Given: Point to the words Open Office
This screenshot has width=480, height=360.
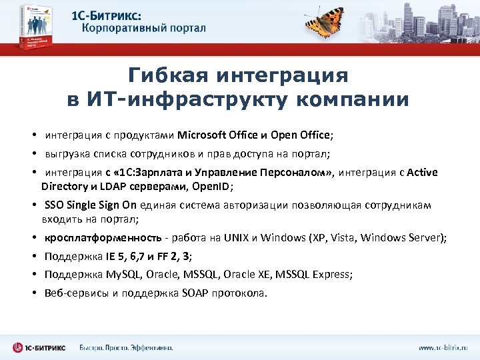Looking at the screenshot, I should click(303, 135).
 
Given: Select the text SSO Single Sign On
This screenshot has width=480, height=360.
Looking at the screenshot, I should click(90, 205).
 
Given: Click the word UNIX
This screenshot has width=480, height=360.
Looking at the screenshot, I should click(235, 238).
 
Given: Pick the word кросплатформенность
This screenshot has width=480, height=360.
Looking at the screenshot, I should click(103, 238).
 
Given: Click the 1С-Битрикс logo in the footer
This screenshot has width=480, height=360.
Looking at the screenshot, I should click(39, 347).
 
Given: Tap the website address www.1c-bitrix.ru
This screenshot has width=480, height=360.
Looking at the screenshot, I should click(443, 347).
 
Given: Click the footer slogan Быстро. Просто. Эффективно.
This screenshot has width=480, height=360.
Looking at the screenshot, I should click(126, 347).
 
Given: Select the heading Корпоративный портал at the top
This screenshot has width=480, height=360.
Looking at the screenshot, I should click(144, 28).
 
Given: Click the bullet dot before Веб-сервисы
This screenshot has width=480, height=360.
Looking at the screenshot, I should click(33, 293).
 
